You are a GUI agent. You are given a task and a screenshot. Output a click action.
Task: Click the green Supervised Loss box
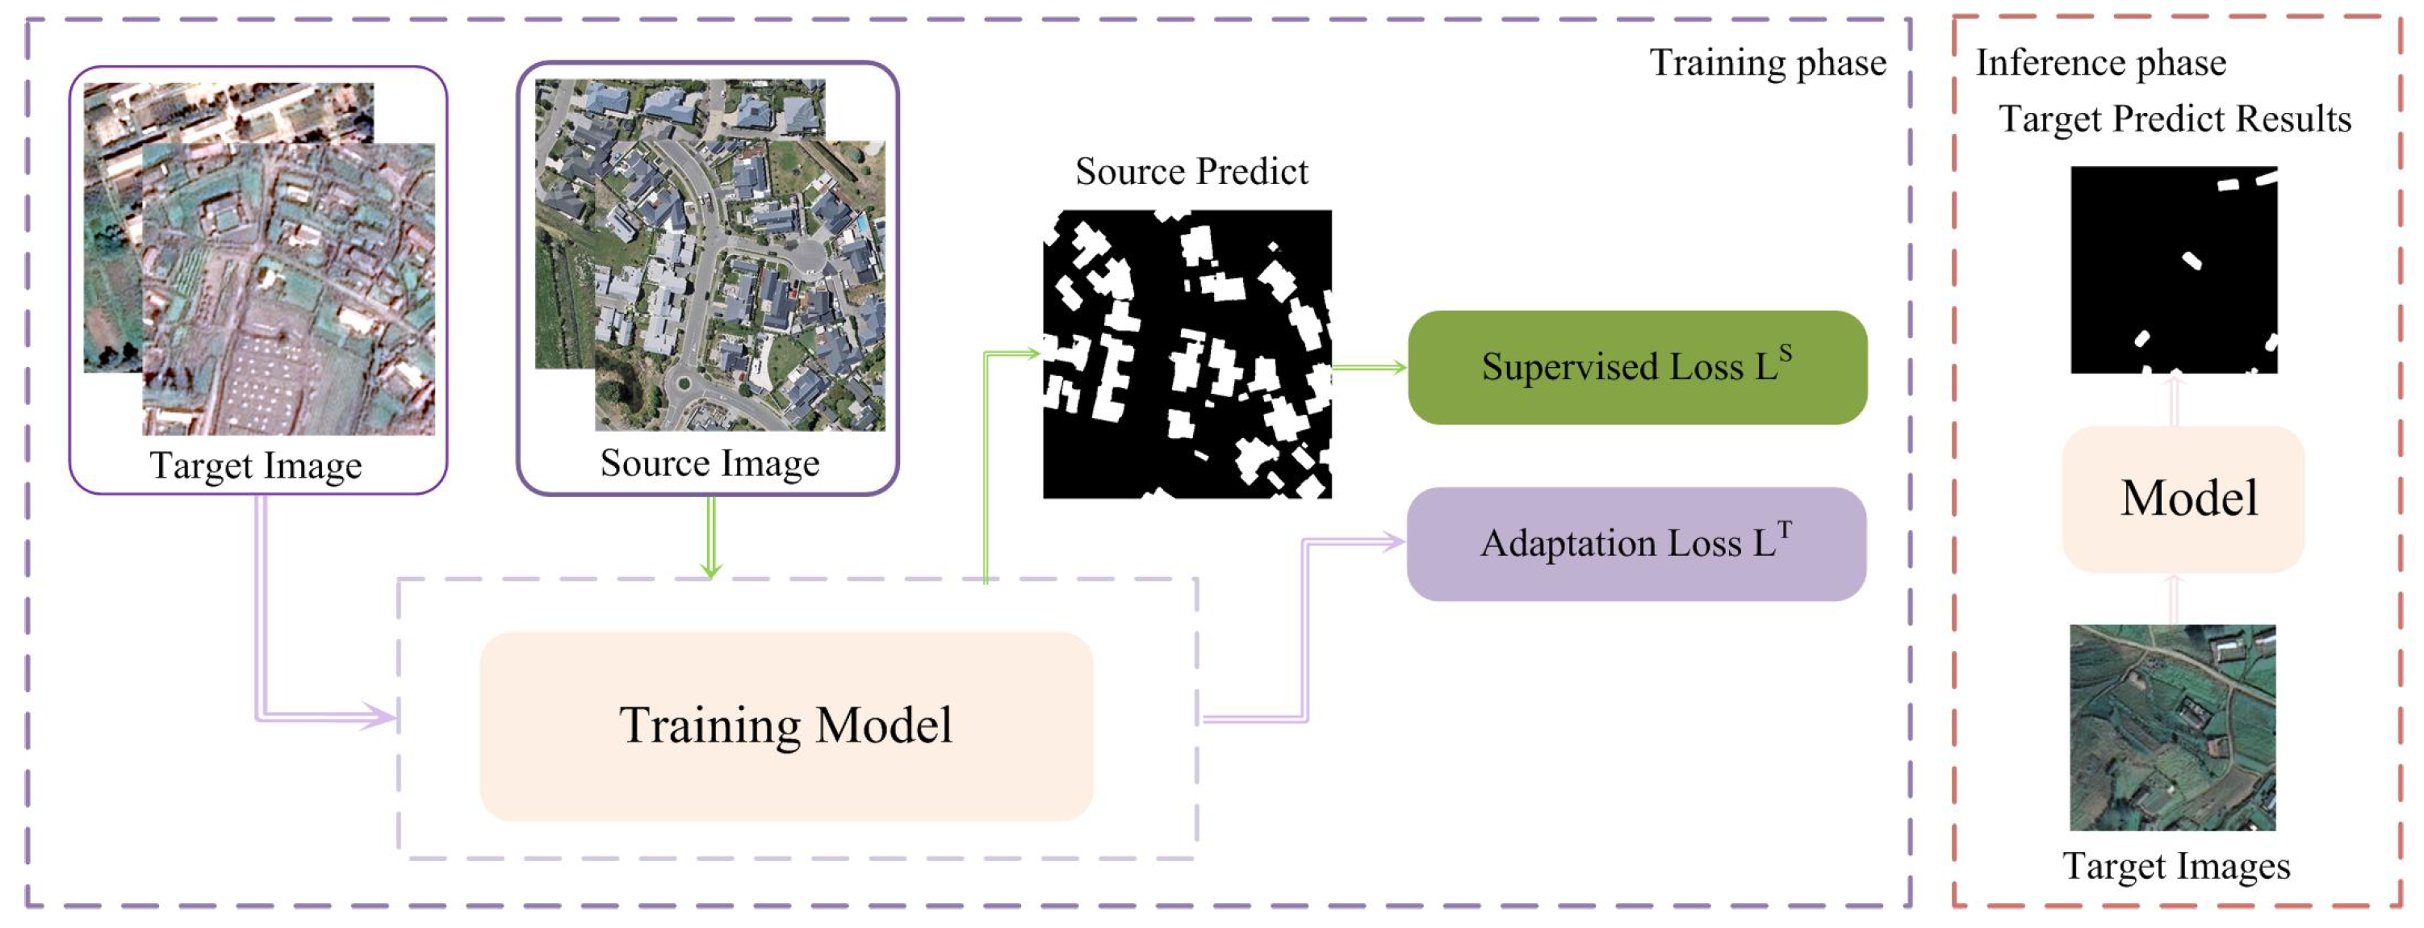pos(1636,367)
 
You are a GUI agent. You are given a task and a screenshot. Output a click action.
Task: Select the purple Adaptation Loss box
pos(1636,544)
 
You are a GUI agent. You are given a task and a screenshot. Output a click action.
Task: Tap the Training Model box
pos(785,725)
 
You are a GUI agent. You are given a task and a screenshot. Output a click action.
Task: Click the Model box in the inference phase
pos(2183,499)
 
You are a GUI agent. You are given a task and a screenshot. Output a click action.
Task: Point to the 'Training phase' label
pos(1767,63)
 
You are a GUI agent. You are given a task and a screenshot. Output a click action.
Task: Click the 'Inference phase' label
pos(2100,63)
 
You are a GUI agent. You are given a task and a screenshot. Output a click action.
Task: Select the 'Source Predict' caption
pos(1191,172)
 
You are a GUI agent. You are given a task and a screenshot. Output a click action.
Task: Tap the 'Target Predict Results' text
pos(2174,119)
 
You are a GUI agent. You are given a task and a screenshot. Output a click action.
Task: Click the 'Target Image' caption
pos(256,466)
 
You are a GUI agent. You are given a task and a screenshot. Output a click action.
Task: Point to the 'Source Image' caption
pos(710,463)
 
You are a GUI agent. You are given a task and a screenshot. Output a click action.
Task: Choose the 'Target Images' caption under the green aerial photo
pos(2175,866)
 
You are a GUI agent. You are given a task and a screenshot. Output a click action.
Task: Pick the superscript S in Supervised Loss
pos(1785,353)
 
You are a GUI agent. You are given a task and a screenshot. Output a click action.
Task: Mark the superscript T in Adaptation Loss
pos(1784,530)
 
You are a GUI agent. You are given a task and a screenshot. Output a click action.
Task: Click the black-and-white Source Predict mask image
pos(1187,354)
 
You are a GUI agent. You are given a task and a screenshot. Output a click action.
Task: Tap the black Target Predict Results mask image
pos(2174,270)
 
